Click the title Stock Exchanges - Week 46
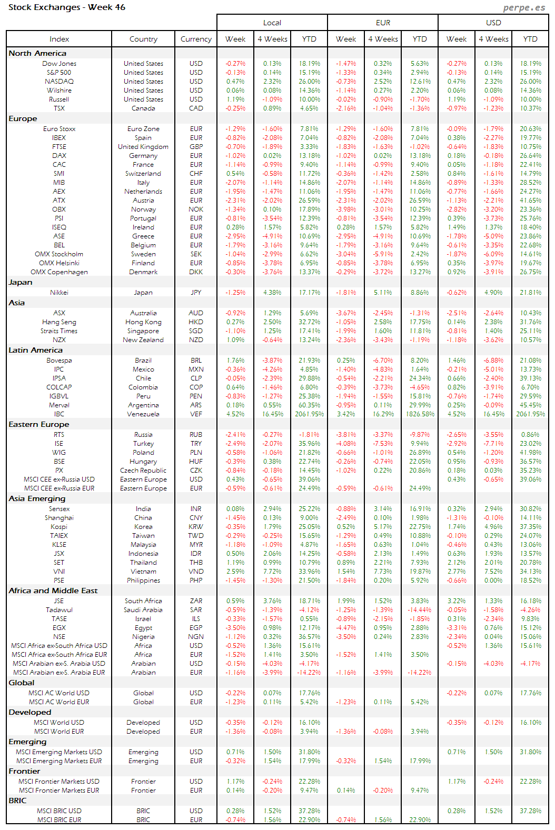tap(67, 7)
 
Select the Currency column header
tap(196, 39)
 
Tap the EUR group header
tap(383, 23)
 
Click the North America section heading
tap(37, 53)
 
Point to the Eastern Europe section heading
tap(39, 424)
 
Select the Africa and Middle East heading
tap(53, 591)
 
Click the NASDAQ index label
tap(59, 82)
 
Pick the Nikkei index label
tap(59, 293)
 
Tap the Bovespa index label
tap(59, 361)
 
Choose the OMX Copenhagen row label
tap(59, 272)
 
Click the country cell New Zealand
tap(143, 340)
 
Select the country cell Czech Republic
tap(143, 471)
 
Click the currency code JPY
tap(196, 293)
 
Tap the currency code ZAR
tap(196, 601)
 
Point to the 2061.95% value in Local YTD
tap(309, 414)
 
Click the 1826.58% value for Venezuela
tap(420, 414)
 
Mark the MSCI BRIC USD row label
tap(59, 811)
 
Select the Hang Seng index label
tap(59, 322)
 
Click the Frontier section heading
tap(24, 771)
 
